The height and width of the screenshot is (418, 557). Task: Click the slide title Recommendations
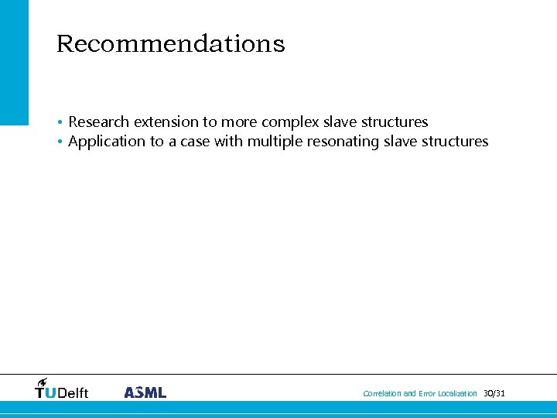click(170, 44)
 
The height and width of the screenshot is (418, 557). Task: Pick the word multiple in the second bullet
click(275, 142)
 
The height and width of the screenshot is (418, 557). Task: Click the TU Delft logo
click(62, 389)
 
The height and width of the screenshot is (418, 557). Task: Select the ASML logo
click(145, 392)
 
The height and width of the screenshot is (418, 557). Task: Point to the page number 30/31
click(494, 394)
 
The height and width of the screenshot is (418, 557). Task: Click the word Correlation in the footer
click(382, 394)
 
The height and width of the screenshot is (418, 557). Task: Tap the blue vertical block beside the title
click(14, 62)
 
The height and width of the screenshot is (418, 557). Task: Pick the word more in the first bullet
click(239, 122)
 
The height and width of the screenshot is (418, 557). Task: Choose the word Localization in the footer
click(457, 394)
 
